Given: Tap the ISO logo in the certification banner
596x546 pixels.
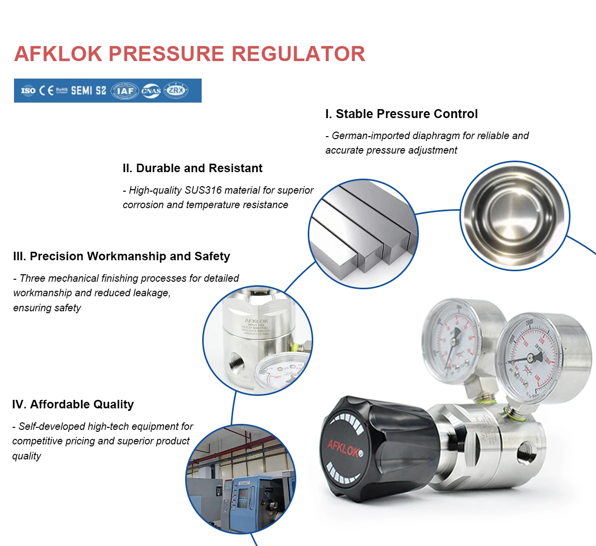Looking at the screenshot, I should pos(28,91).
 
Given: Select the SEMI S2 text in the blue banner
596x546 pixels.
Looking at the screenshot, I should pos(88,91).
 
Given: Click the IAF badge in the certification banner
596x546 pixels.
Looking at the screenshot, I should pos(125,91).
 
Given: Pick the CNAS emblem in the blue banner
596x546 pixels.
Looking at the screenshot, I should pos(151,91).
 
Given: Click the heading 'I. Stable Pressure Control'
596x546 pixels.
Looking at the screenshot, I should pos(401,114).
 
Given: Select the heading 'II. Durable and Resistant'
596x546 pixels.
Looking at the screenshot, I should pos(192,168).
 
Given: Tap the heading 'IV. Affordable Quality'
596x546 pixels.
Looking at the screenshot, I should pos(73,404).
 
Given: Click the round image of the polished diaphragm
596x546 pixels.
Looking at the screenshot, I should pos(514,216).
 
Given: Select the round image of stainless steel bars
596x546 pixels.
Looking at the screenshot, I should pos(363,234).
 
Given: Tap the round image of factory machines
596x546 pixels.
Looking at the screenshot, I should pos(241,479).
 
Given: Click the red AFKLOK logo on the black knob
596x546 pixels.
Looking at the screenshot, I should pos(344,447).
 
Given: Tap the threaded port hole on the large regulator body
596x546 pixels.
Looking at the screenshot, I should pos(525,451).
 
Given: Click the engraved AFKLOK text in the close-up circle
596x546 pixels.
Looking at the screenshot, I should pos(256,321).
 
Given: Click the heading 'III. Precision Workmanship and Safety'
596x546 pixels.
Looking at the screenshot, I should pos(122,256).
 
